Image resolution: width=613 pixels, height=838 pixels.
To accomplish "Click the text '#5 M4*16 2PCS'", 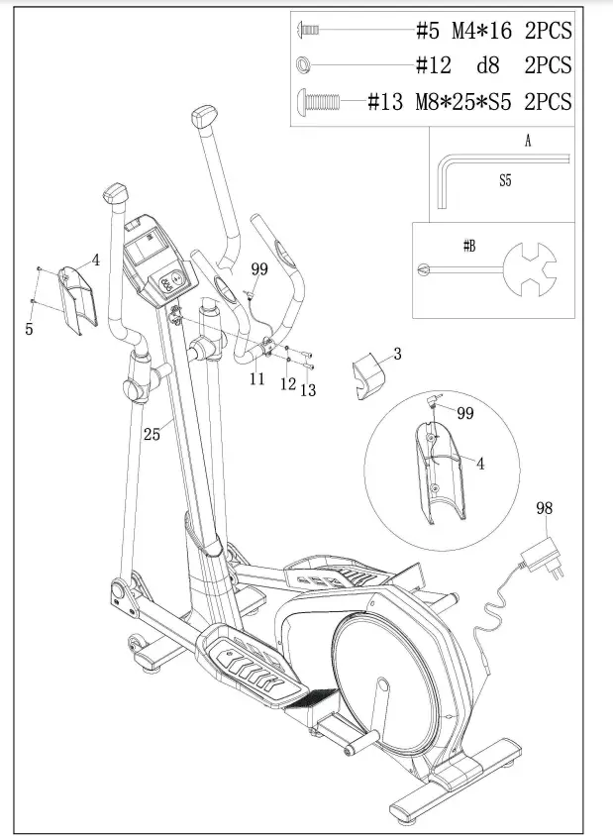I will tap(493, 31).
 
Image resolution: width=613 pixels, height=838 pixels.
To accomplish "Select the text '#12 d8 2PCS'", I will tap(493, 66).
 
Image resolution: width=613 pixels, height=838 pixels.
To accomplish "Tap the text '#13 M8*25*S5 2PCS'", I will tap(469, 101).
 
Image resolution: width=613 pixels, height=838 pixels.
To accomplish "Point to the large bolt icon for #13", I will tap(318, 101).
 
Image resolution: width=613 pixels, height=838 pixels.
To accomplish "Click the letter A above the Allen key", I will tap(528, 142).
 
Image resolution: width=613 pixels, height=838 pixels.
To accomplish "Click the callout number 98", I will tap(544, 509).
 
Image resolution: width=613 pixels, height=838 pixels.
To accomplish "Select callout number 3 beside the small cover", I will tap(397, 354).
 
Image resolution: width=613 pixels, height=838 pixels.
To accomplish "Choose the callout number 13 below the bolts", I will tap(308, 390).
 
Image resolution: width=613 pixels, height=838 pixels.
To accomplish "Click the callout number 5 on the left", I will tap(29, 330).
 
